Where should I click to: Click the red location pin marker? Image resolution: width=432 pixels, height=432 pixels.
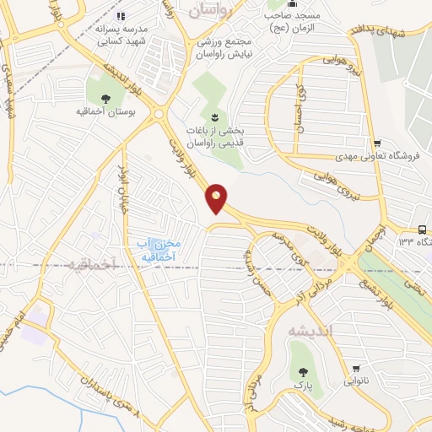(217, 198)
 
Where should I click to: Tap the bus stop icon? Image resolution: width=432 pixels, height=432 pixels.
(422, 229)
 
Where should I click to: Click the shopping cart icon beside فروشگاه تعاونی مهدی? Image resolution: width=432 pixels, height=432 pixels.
(377, 143)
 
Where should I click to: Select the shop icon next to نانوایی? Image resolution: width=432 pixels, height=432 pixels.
(356, 368)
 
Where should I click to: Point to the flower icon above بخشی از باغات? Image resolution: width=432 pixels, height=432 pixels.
(213, 116)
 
